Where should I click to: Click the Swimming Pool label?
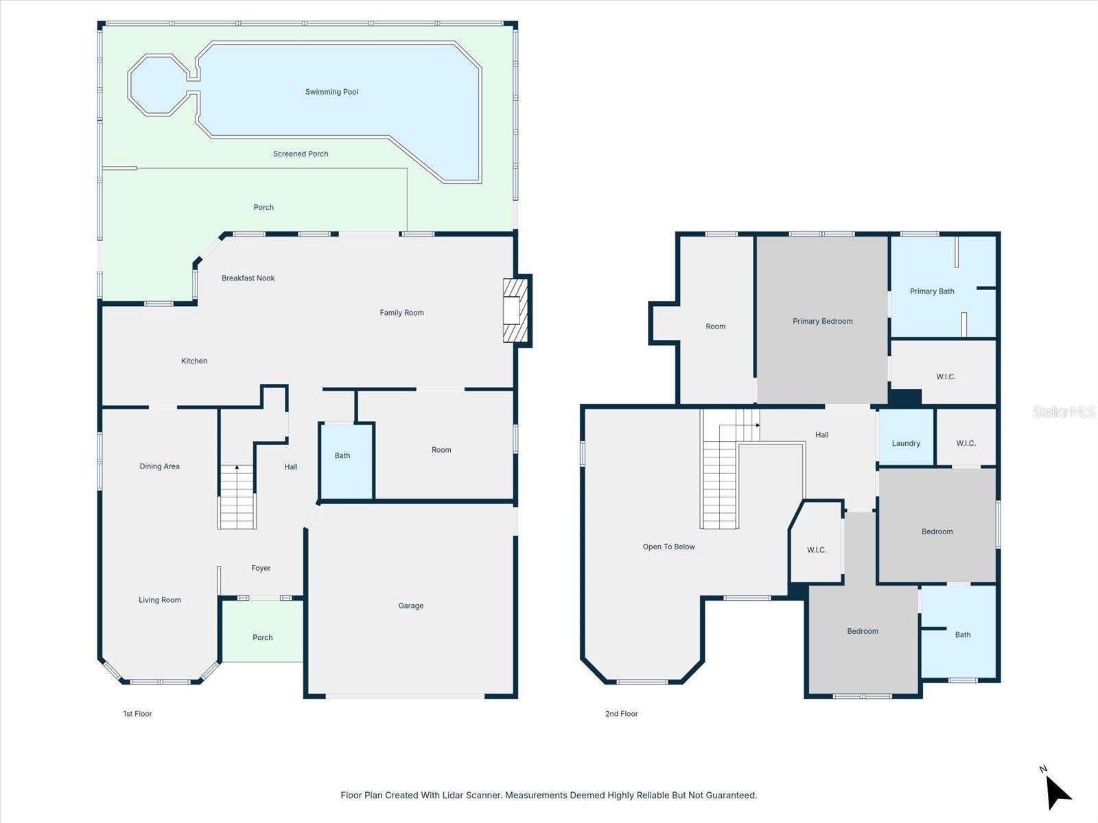click(331, 92)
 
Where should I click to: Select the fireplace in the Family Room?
click(516, 311)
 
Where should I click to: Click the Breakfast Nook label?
click(248, 278)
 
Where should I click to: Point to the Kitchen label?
click(194, 361)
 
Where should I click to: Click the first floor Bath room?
click(346, 461)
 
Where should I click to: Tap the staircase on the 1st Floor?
click(237, 497)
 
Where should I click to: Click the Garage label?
click(410, 606)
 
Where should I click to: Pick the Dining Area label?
click(159, 466)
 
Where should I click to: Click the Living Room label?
click(159, 600)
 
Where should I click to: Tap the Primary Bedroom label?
click(822, 321)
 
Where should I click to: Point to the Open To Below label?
click(668, 547)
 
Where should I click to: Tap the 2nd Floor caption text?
click(621, 714)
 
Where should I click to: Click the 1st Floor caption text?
click(137, 714)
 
